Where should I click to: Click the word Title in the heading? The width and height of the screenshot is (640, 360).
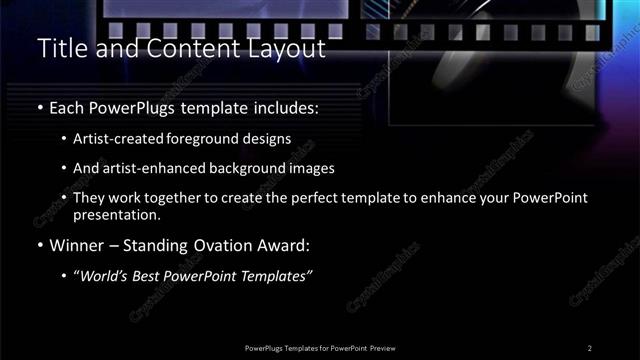click(60, 48)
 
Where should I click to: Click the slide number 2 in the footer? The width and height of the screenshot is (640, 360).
click(589, 347)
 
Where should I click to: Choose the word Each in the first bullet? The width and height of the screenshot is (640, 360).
click(68, 106)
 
